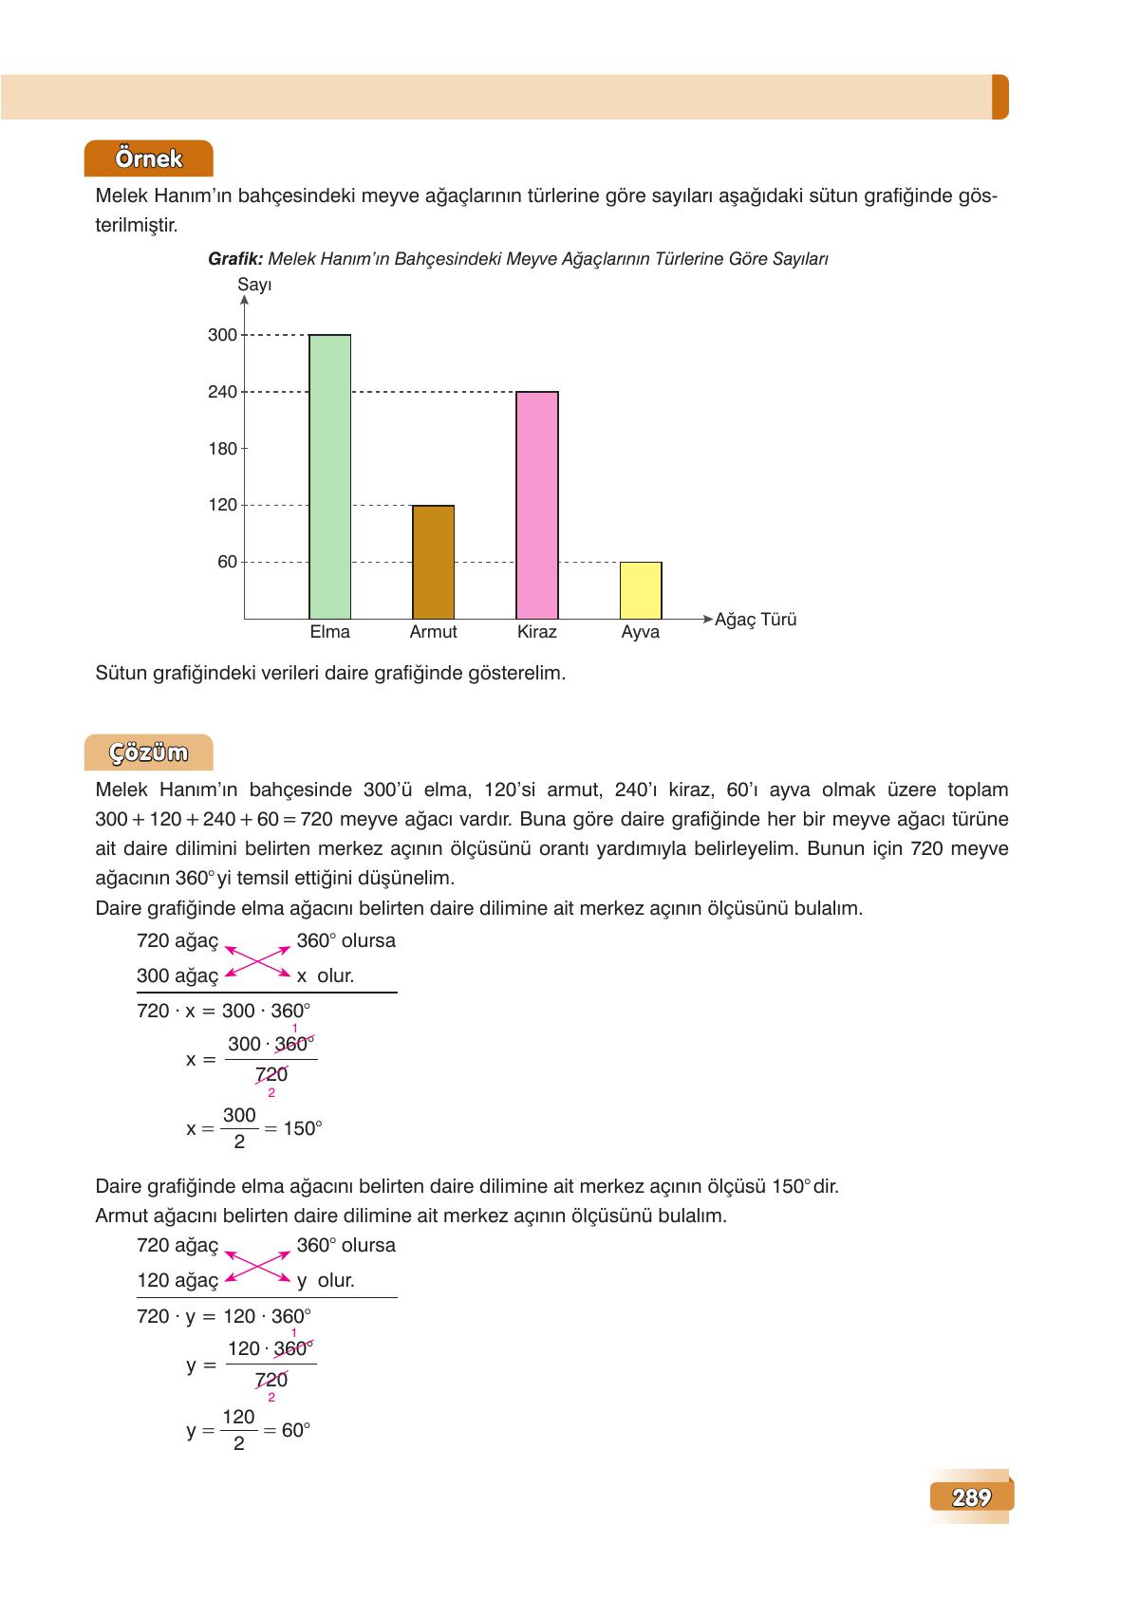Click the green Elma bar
tap(329, 476)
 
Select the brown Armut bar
tap(433, 562)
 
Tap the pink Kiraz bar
tap(536, 505)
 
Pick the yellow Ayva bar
tap(641, 590)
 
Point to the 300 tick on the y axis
tap(222, 335)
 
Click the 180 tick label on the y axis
tap(222, 449)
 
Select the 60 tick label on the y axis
tap(227, 562)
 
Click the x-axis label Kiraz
tap(536, 632)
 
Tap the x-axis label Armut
tap(433, 632)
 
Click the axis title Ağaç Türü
tap(756, 620)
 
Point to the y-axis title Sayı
tap(254, 285)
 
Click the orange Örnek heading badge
tap(148, 158)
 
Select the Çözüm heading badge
tap(148, 752)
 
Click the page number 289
tap(971, 1497)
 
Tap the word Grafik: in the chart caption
tap(235, 259)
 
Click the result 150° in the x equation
tap(303, 1128)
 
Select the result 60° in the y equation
tap(296, 1430)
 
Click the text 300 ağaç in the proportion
tap(177, 975)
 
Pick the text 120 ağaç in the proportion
tap(177, 1280)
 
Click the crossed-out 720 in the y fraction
tap(271, 1380)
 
